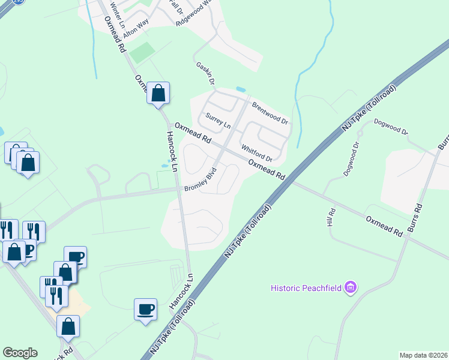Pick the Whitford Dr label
point(256,153)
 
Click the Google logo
point(20,353)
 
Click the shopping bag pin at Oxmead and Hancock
point(158,94)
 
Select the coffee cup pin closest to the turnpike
point(145,310)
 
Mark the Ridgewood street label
point(194,14)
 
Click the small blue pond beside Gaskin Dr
point(241,89)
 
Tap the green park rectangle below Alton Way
point(142,53)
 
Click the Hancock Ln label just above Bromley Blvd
point(171,153)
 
